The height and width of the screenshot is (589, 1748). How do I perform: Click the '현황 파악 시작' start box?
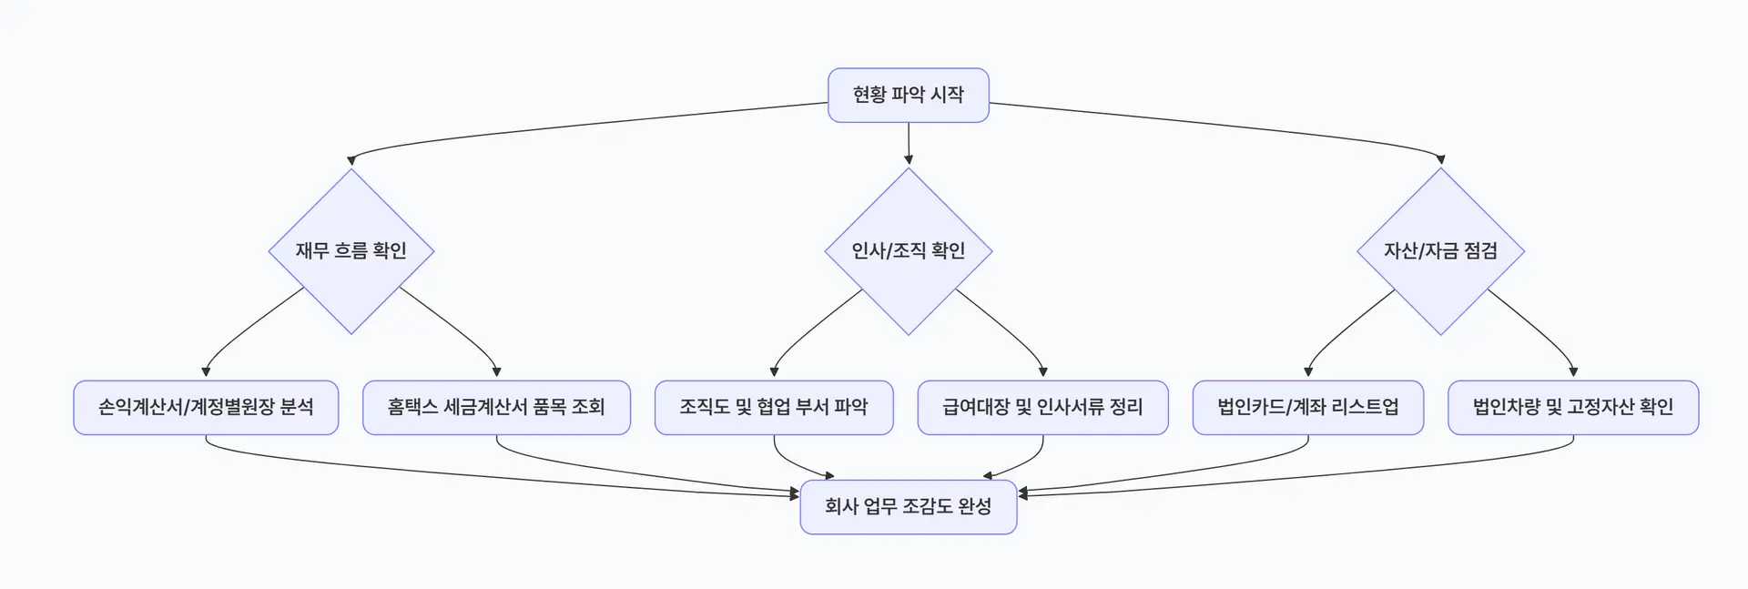(908, 95)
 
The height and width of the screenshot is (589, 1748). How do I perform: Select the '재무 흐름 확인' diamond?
(351, 250)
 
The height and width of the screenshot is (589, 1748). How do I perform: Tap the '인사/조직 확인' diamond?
(908, 250)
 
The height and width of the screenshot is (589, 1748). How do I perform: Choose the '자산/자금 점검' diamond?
(1440, 250)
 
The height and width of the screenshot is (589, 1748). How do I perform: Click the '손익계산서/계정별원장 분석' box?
(206, 407)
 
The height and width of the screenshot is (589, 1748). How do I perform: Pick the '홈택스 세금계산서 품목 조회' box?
(496, 407)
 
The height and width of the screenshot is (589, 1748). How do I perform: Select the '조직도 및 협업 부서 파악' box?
(774, 407)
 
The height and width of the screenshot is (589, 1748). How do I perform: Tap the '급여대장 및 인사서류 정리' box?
(1042, 407)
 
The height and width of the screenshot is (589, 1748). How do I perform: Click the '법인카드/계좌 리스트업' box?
(1307, 407)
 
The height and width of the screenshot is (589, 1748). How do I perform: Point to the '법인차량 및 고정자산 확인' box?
(1573, 407)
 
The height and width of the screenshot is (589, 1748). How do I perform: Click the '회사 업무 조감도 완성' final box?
(908, 506)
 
